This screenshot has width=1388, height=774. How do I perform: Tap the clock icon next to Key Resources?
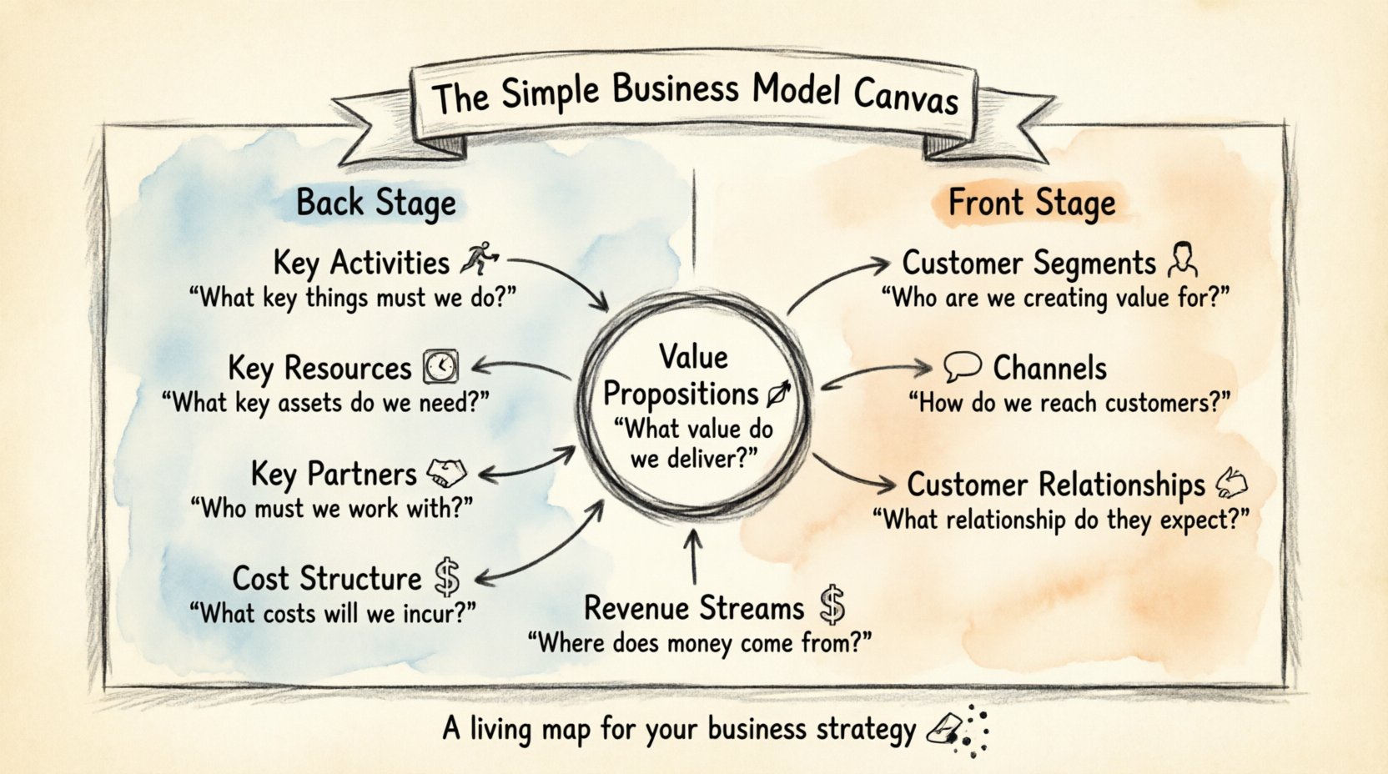(x=440, y=366)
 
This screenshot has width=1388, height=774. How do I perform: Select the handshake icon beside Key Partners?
(x=446, y=473)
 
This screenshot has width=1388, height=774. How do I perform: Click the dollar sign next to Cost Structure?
(x=447, y=577)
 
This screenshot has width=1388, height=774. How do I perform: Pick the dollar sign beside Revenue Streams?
(x=832, y=606)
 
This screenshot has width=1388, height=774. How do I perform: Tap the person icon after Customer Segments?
(x=1182, y=259)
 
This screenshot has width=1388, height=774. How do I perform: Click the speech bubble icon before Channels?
(x=962, y=366)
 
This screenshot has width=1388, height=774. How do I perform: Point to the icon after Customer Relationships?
(x=1232, y=482)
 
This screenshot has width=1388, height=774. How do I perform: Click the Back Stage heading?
(x=376, y=203)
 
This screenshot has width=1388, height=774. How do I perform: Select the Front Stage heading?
(x=1032, y=203)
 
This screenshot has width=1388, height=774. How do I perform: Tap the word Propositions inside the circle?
(x=680, y=394)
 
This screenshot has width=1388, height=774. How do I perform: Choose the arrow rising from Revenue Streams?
(x=694, y=555)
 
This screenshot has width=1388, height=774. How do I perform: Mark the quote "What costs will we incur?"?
(x=332, y=614)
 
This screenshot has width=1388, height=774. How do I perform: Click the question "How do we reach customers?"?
(x=1069, y=404)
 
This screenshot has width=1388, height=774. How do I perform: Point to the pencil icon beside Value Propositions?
(x=777, y=394)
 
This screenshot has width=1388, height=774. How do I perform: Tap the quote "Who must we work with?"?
(x=332, y=508)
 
